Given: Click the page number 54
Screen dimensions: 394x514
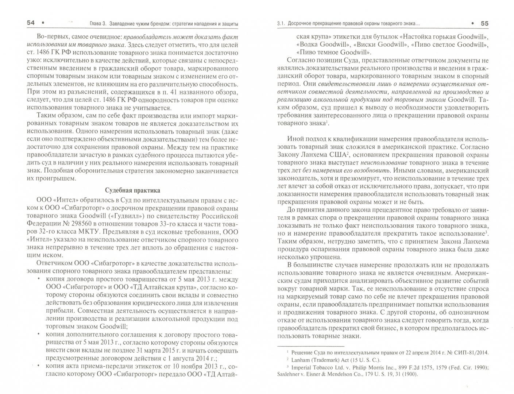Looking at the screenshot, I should pyautogui.click(x=31, y=23).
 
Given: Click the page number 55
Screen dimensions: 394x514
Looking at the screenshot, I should pyautogui.click(x=484, y=23).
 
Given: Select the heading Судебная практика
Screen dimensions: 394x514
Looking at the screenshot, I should pyautogui.click(x=132, y=190).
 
